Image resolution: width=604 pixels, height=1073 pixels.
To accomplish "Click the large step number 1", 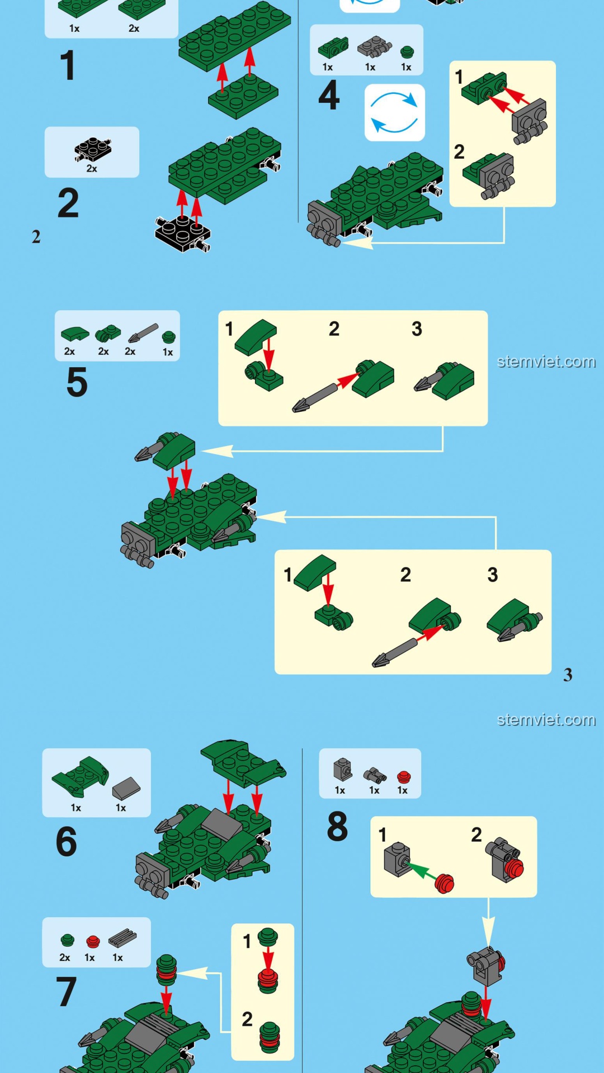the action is (x=68, y=65).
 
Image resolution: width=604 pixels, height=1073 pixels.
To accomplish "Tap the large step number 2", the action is (x=68, y=203).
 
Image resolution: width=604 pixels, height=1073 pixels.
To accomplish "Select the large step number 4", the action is (x=329, y=95).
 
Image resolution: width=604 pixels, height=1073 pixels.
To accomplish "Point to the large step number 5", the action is (x=77, y=382).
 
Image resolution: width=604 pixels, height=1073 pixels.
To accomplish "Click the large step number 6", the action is (x=67, y=842).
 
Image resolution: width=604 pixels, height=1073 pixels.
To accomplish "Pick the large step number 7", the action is (x=66, y=992).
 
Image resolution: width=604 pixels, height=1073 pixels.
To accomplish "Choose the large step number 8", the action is (x=337, y=827).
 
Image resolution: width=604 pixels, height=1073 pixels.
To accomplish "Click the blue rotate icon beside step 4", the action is (x=395, y=112).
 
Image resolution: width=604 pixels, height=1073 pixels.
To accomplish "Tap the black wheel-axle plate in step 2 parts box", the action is (x=93, y=149).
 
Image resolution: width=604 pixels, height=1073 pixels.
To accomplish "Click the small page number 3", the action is (x=568, y=675).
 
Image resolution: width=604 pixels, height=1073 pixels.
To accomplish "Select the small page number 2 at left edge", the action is (x=36, y=237).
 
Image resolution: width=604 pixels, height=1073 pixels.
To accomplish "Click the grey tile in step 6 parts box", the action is (x=126, y=788).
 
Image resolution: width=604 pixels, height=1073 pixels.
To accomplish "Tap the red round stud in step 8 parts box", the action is (x=404, y=777).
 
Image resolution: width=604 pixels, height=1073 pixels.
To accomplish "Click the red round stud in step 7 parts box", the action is (x=93, y=942).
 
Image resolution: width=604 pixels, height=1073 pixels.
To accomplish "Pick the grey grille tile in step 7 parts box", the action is (x=122, y=937).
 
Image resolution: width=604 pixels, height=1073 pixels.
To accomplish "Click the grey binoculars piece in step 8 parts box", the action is (x=375, y=775).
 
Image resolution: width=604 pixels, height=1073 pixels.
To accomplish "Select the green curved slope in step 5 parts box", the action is (x=75, y=334).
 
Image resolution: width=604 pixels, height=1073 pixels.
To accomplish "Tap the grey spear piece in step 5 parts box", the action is (x=143, y=333).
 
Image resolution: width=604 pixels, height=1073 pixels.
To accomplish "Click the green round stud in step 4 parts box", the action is (x=407, y=53).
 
